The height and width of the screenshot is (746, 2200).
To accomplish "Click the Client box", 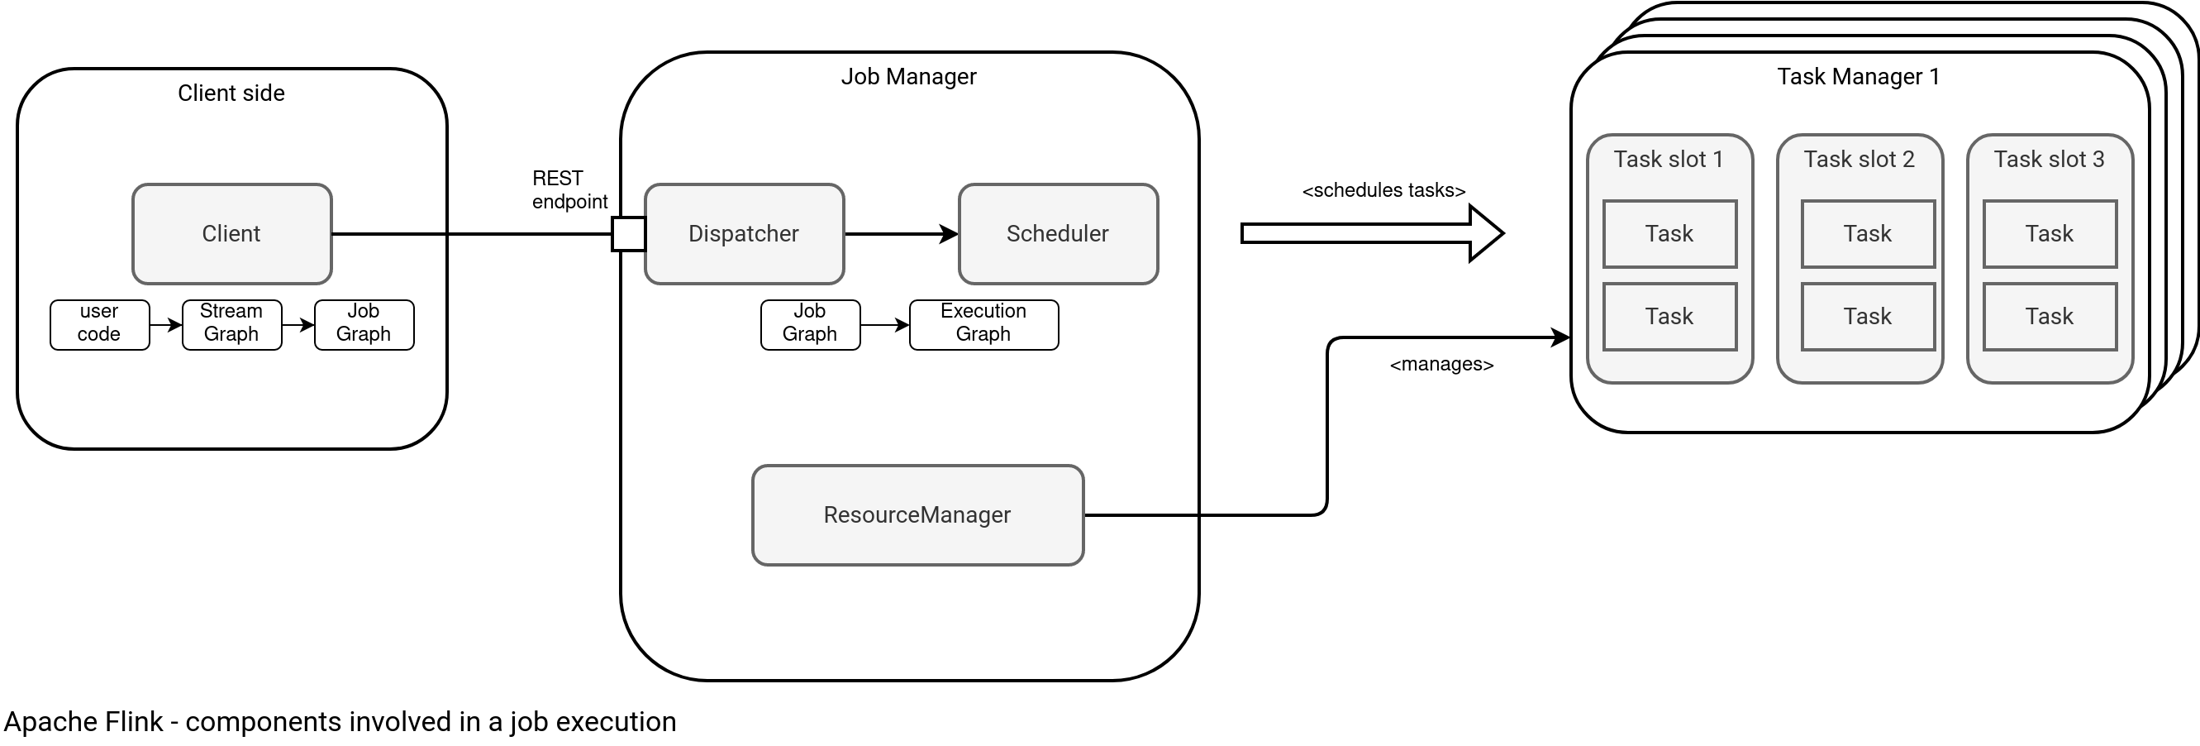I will [231, 233].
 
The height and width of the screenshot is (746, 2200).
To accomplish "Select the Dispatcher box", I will [744, 233].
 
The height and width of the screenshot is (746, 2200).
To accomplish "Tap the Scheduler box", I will [1057, 233].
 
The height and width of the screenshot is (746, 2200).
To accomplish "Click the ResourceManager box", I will [917, 514].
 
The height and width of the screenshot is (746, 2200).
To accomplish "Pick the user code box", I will [99, 324].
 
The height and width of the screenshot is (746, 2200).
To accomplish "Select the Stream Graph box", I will [231, 324].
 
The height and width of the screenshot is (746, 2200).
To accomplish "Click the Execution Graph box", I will [983, 324].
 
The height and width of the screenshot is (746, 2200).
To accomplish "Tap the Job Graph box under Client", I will [364, 324].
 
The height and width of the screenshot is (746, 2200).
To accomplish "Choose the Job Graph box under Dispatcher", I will [810, 324].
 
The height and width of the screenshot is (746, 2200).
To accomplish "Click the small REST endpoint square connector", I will [629, 233].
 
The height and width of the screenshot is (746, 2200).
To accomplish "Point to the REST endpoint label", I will [569, 189].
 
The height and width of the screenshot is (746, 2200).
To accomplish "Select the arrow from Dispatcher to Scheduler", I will [901, 233].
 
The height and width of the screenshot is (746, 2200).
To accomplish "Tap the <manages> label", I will [1441, 365].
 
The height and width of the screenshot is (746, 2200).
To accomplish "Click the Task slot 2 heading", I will [1860, 159].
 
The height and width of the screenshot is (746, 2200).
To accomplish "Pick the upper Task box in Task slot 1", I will [1669, 233].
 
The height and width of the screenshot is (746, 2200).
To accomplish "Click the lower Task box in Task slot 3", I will [2049, 316].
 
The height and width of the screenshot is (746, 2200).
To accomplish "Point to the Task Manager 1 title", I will [1859, 77].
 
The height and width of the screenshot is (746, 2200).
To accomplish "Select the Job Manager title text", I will [909, 77].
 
